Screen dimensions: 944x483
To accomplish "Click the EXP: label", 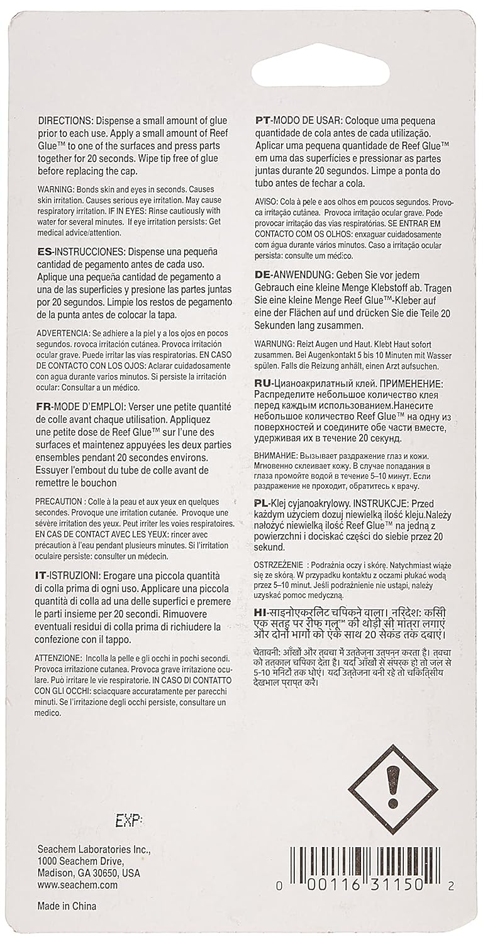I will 130,821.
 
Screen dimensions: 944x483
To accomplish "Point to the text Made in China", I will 67,906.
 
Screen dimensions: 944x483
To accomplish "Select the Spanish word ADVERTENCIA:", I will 67,332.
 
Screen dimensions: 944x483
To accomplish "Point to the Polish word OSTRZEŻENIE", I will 280,562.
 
